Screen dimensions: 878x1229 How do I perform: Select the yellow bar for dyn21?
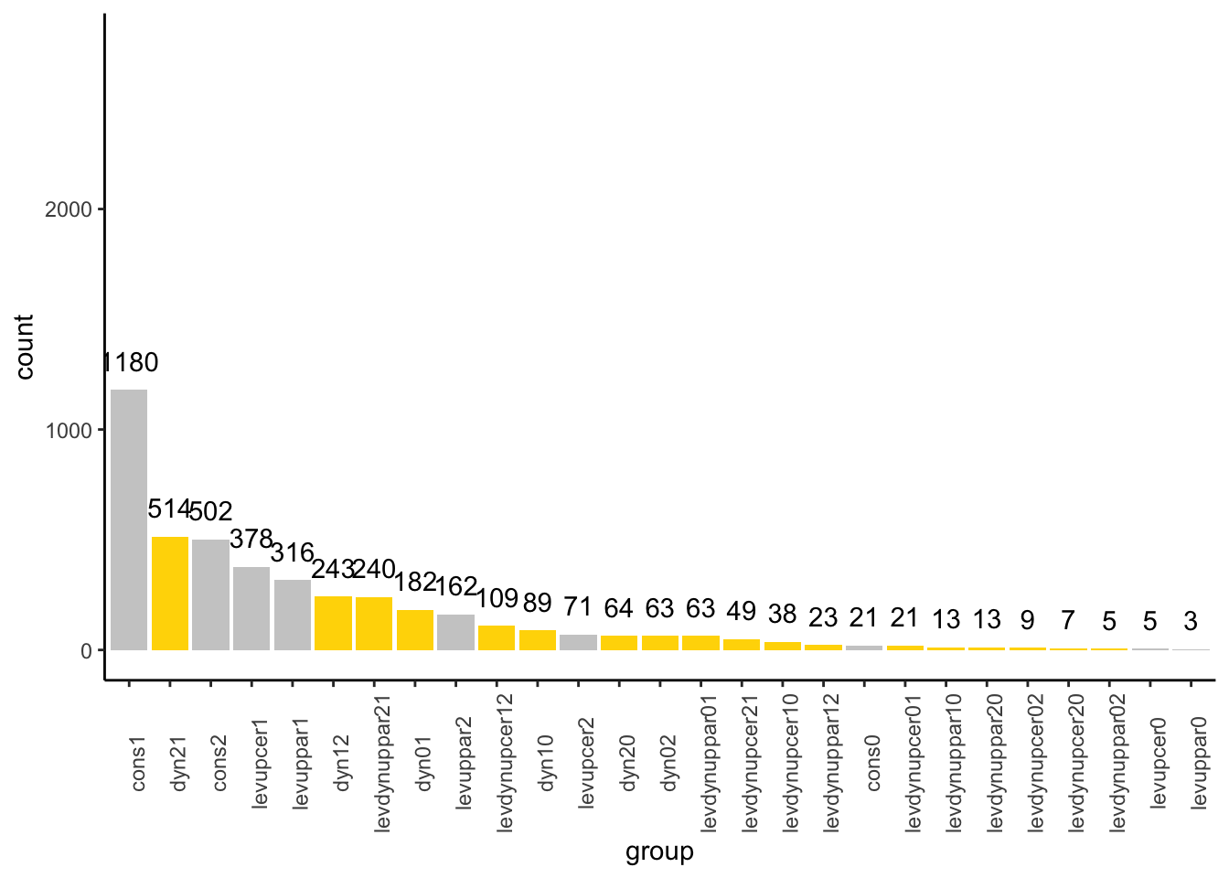coord(170,594)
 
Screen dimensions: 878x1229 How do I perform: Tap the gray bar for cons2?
coord(210,594)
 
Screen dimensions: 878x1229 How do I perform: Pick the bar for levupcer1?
coord(251,608)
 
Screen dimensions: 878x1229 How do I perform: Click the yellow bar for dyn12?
coord(333,623)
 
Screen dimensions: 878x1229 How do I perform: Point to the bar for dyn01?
coord(414,630)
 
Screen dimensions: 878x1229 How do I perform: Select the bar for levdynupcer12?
coord(497,637)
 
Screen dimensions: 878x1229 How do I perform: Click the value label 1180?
coord(131,363)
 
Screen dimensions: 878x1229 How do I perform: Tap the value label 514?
coord(168,509)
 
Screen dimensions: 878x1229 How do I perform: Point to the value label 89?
coord(538,603)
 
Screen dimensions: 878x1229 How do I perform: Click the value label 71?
coord(578,607)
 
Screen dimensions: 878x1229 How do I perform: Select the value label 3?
coord(1191,622)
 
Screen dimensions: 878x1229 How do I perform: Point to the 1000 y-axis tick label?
coord(69,431)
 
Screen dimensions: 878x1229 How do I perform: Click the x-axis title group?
coord(659,852)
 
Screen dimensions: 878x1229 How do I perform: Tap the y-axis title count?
coord(25,347)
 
